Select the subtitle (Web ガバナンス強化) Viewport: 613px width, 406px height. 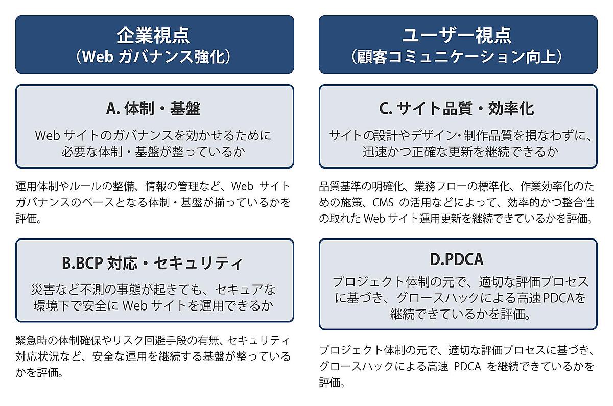click(x=154, y=56)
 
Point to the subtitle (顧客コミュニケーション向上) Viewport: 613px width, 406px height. click(x=457, y=56)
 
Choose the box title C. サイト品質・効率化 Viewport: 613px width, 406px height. click(x=457, y=108)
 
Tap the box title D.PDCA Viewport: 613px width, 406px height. click(x=457, y=259)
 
